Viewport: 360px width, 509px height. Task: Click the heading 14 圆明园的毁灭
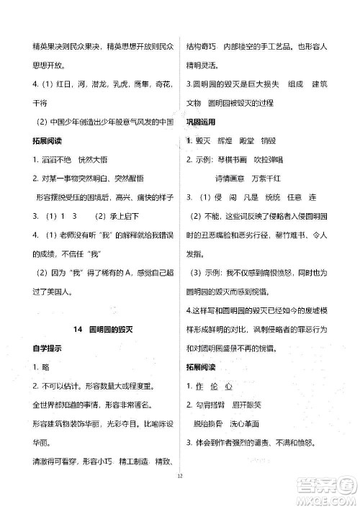[109, 329]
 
